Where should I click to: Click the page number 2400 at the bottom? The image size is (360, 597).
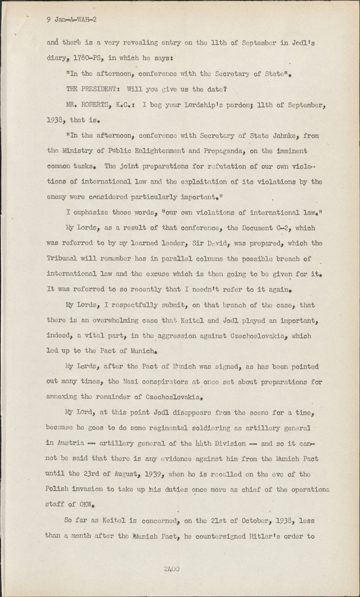tap(172, 569)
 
